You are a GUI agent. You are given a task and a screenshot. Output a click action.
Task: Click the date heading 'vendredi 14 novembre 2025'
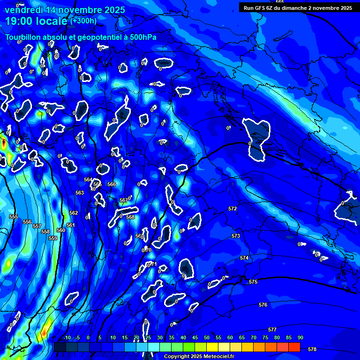65,10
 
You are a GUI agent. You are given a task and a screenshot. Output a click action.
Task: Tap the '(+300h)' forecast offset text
83,21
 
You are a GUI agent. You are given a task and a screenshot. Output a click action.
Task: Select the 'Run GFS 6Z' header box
298,8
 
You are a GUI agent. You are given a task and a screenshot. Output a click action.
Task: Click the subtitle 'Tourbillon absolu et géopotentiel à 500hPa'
81,37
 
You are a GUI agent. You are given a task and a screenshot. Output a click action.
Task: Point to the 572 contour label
232,209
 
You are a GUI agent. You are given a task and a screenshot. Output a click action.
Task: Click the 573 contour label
236,236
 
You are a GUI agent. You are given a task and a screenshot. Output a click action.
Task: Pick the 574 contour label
244,258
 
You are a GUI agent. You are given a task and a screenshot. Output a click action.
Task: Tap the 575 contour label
253,282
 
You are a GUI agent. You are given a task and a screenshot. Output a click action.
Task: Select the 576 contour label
263,305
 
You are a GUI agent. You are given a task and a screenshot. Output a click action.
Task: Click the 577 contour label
272,330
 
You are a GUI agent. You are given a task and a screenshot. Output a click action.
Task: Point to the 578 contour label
312,349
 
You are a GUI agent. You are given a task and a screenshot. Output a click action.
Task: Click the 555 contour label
14,217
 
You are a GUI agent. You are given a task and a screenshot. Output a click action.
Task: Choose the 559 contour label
53,238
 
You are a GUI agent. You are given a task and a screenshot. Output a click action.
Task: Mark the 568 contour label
130,217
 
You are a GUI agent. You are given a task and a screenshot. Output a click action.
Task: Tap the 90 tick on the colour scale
300,338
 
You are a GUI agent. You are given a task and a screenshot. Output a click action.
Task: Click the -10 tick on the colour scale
67,338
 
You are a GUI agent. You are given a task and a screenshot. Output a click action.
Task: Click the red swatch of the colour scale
294,347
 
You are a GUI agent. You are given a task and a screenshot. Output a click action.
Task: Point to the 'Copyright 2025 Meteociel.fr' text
199,356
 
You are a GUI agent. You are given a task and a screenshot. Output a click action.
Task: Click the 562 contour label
74,213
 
